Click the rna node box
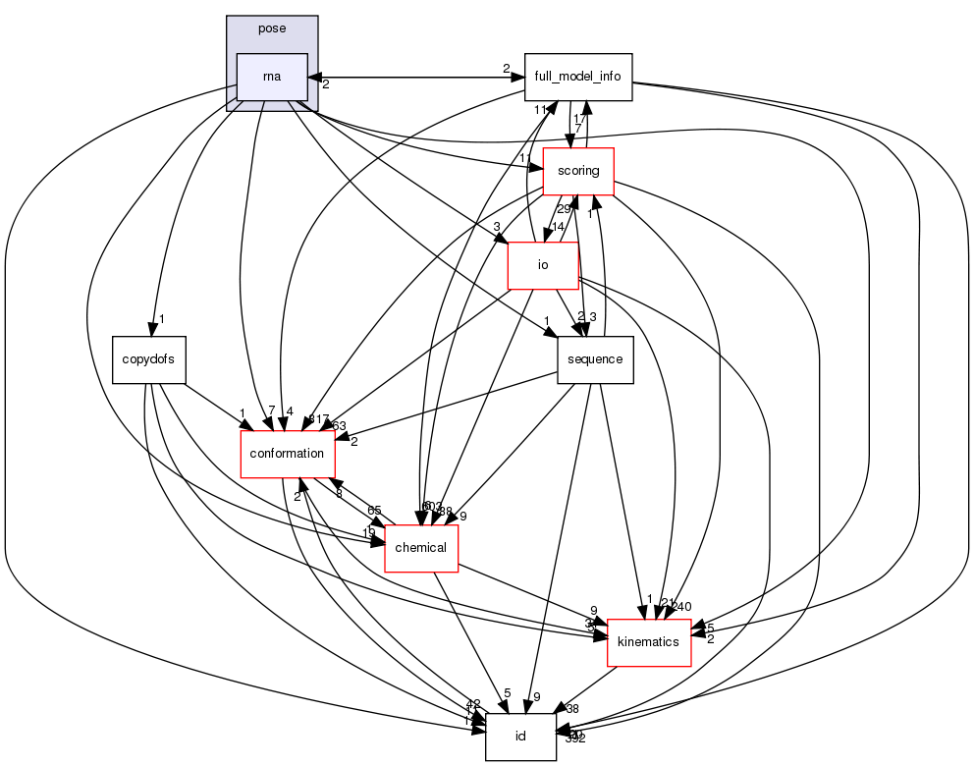coord(272,78)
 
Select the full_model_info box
coord(577,78)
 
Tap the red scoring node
coord(578,171)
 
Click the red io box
coord(542,265)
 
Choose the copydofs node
coord(149,358)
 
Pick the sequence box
coord(595,359)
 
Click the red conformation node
coord(288,453)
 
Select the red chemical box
coord(421,547)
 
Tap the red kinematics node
coord(649,641)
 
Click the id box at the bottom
coord(521,737)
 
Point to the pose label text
coord(272,28)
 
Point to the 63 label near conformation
coord(340,425)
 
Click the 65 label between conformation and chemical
coord(374,511)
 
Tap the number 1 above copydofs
coord(161,320)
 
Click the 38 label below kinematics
coord(573,708)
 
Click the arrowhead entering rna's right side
coord(313,76)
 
